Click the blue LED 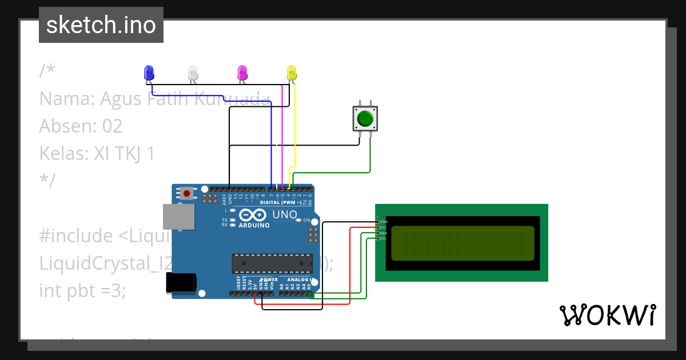point(149,73)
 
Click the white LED point(193,73)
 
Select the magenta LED point(242,73)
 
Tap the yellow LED point(292,73)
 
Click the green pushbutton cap point(365,119)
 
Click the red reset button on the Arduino point(186,193)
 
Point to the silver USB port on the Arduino point(178,217)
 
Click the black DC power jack point(181,283)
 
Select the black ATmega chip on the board point(272,263)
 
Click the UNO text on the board point(284,215)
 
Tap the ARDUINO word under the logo point(254,225)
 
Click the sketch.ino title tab point(101,25)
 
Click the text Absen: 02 point(81,126)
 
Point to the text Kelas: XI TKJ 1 point(97,153)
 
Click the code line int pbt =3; point(82,290)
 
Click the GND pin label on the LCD point(384,221)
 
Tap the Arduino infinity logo point(253,215)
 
